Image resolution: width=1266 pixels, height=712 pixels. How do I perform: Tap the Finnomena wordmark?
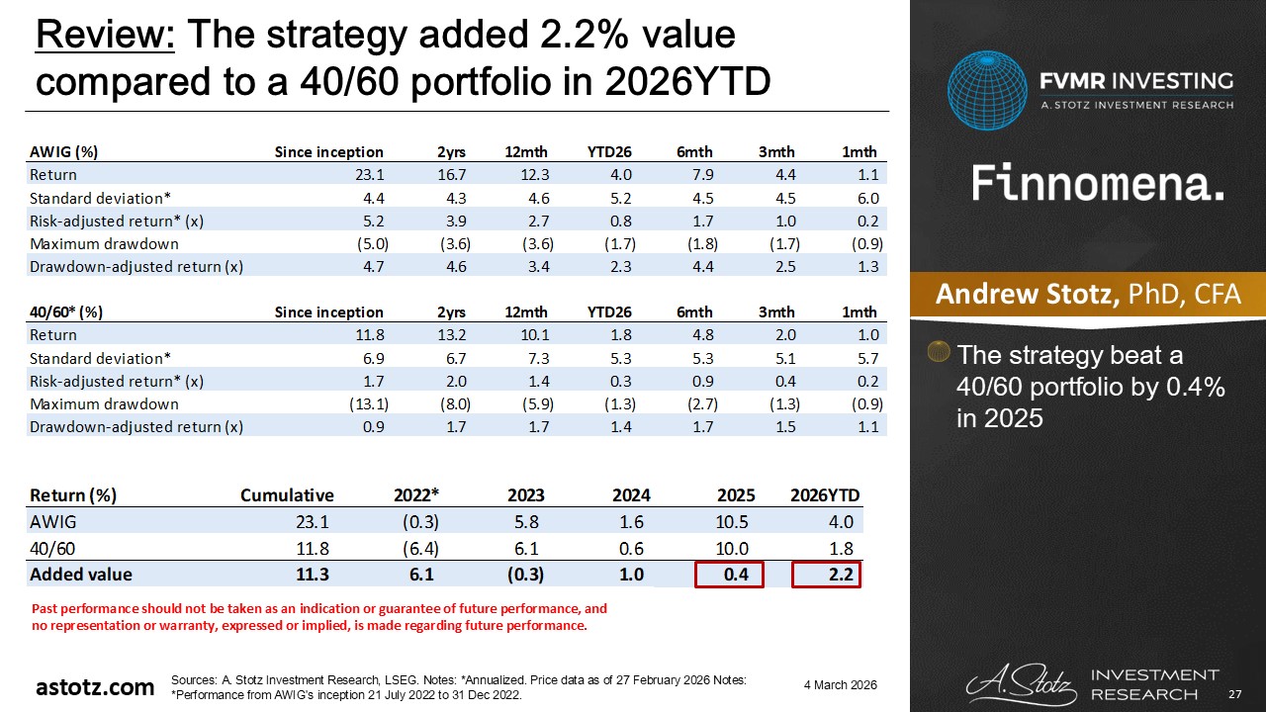pos(1098,185)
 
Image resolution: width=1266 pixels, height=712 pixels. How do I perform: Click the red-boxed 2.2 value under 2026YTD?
pos(827,574)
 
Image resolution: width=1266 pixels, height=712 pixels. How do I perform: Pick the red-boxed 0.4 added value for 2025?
pos(729,574)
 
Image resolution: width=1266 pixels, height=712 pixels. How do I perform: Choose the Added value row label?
pos(81,574)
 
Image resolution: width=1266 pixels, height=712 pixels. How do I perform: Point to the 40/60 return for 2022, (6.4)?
pos(418,548)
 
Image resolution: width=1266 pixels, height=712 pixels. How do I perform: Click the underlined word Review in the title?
pos(105,36)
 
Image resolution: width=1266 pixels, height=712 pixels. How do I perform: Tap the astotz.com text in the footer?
pos(95,686)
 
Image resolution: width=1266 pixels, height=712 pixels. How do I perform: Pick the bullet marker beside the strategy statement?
pos(941,352)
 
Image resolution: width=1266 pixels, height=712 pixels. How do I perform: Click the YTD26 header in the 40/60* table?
pos(609,311)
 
